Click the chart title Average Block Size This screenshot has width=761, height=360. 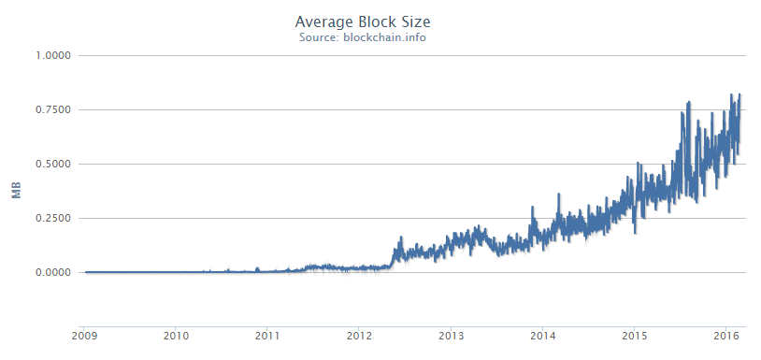[364, 21]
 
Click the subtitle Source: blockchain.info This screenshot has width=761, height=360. [364, 37]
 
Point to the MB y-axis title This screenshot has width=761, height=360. [16, 193]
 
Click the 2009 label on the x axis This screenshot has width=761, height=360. [85, 334]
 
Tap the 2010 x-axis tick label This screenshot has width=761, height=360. [177, 334]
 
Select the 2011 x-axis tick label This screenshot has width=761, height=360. [268, 334]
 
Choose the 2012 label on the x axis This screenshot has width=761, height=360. [360, 334]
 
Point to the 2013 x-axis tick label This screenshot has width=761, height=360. [452, 334]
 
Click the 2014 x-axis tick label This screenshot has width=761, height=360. [543, 334]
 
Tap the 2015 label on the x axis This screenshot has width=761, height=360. [635, 334]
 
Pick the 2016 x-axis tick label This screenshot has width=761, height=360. [726, 334]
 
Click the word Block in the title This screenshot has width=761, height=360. [371, 21]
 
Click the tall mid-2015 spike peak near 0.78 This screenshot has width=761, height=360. [689, 103]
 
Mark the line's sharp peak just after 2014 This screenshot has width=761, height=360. [557, 195]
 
